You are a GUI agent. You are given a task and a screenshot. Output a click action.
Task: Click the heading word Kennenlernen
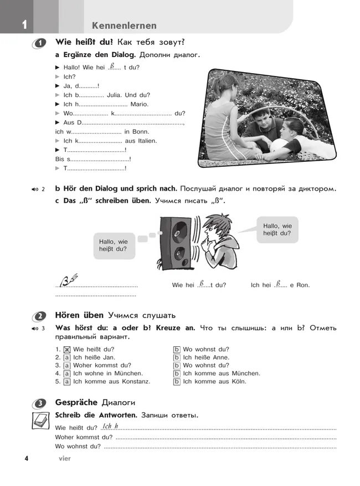click(x=124, y=25)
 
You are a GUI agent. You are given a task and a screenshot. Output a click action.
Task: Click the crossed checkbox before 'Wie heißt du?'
click(x=67, y=350)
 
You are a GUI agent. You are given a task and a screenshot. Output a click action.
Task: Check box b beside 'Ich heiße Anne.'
click(x=177, y=357)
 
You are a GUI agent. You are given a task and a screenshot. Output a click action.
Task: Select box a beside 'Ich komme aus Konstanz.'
click(x=67, y=382)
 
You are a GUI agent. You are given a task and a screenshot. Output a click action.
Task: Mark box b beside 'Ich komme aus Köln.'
click(x=177, y=382)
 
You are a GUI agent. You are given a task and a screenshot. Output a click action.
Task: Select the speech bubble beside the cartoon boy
click(x=277, y=229)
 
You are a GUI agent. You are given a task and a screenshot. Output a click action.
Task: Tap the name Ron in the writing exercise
click(x=304, y=285)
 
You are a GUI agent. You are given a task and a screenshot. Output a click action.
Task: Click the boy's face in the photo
click(x=259, y=114)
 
